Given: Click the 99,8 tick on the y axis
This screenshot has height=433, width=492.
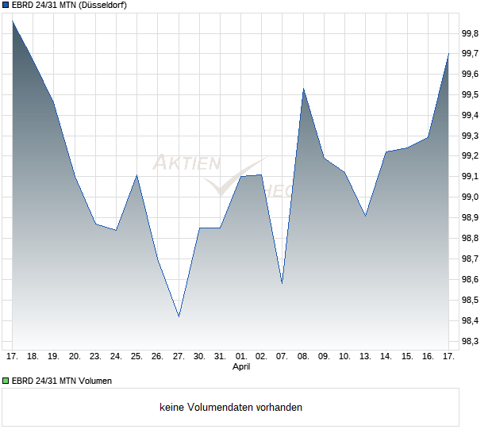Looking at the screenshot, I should tap(471, 33).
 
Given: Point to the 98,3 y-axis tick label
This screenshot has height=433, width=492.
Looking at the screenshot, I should tap(471, 341).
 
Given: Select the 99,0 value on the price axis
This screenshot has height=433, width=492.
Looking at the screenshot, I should tap(471, 197).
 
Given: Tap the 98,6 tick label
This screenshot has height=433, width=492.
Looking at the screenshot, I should tap(471, 280).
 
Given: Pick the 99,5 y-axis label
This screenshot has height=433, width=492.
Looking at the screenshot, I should tap(471, 95).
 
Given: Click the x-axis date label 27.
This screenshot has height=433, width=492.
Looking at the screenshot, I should tap(179, 356).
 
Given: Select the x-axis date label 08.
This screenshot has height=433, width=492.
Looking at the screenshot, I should tap(303, 356).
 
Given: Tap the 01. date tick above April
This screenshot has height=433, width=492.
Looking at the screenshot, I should tap(241, 356).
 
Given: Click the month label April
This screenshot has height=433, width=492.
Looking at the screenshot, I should tap(241, 367).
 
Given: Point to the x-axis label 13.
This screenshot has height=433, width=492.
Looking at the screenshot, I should tap(365, 356).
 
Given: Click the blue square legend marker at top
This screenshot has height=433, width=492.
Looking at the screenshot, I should tap(6, 6).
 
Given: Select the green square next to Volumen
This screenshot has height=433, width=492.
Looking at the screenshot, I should tap(6, 381).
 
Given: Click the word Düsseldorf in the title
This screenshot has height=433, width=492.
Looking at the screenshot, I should tap(106, 6).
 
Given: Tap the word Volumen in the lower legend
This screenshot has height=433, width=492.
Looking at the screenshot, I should tap(94, 381).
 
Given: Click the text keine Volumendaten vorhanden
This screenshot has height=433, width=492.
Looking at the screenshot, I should tap(231, 408).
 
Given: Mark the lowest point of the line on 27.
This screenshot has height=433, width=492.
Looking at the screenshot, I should tap(179, 316).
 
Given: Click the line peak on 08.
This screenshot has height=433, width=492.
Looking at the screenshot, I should tap(303, 89).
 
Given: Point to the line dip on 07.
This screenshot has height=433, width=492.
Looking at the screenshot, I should tap(283, 283).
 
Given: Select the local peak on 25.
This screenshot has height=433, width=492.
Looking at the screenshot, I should tap(137, 175).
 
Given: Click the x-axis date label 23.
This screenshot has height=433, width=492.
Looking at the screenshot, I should tap(95, 356).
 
